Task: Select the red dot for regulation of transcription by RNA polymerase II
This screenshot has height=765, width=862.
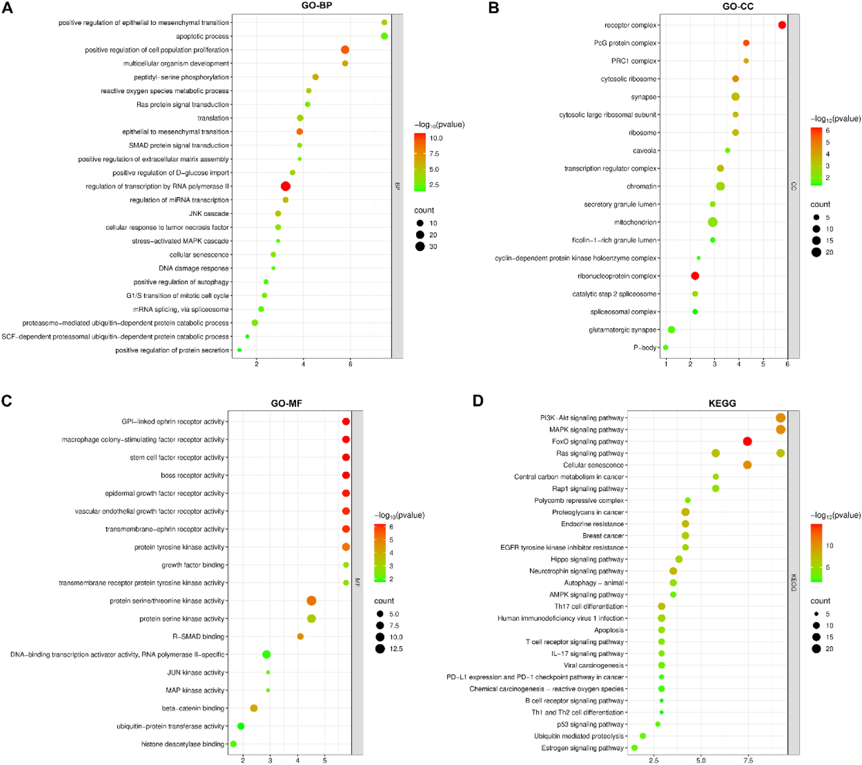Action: pyautogui.click(x=285, y=186)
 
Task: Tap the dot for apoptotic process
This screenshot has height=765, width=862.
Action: pyautogui.click(x=384, y=36)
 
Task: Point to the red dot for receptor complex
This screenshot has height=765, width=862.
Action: pyautogui.click(x=782, y=25)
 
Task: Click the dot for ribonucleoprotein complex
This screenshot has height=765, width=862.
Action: pyautogui.click(x=695, y=276)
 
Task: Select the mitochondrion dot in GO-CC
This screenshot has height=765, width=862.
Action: pyautogui.click(x=713, y=222)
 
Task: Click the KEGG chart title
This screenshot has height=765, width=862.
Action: pyautogui.click(x=722, y=403)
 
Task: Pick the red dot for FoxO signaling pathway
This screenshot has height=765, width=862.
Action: pyautogui.click(x=747, y=441)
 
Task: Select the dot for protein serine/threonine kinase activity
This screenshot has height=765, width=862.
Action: pyautogui.click(x=311, y=601)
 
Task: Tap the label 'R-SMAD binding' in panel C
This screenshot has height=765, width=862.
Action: pyautogui.click(x=198, y=637)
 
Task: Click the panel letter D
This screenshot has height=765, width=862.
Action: pyautogui.click(x=478, y=400)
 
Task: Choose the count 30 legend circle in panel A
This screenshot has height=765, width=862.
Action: pyautogui.click(x=420, y=247)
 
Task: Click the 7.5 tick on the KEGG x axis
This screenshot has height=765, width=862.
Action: pyautogui.click(x=748, y=760)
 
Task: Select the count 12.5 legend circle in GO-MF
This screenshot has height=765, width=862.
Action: pyautogui.click(x=380, y=649)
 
